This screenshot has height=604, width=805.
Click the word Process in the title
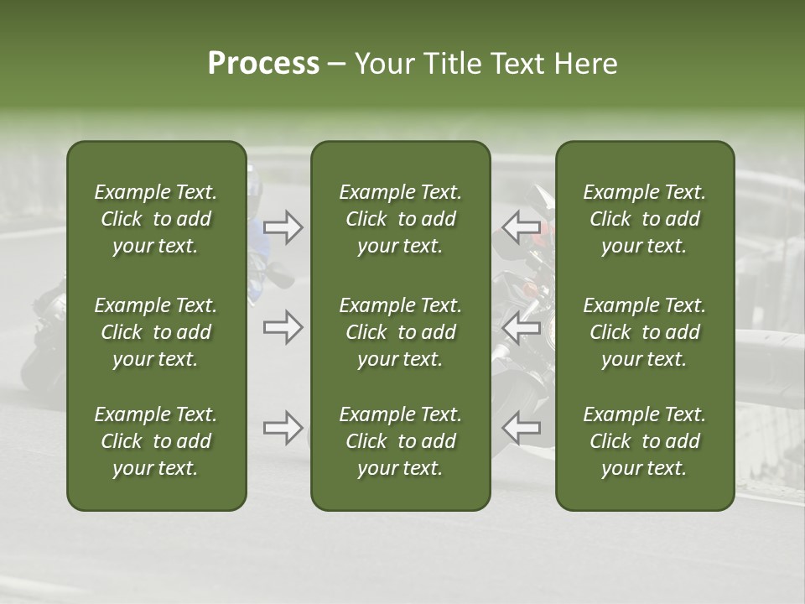pyautogui.click(x=263, y=63)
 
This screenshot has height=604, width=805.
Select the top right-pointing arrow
pyautogui.click(x=283, y=226)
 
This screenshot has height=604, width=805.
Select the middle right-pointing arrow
pyautogui.click(x=283, y=327)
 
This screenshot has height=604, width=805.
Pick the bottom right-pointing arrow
pyautogui.click(x=283, y=429)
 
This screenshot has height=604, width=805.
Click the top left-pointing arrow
pyautogui.click(x=521, y=226)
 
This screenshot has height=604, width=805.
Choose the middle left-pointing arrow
pyautogui.click(x=521, y=327)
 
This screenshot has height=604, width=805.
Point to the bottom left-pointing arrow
pyautogui.click(x=521, y=429)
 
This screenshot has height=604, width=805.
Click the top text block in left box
pyautogui.click(x=156, y=219)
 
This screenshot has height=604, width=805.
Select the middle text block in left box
pyautogui.click(x=156, y=332)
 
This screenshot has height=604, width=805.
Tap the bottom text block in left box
pyautogui.click(x=156, y=441)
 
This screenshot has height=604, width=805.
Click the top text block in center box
pyautogui.click(x=400, y=219)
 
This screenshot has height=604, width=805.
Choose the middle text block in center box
pyautogui.click(x=400, y=332)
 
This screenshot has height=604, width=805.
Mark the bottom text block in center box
pyautogui.click(x=400, y=441)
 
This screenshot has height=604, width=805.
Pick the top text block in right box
pyautogui.click(x=644, y=219)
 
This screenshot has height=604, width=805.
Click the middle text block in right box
pyautogui.click(x=644, y=332)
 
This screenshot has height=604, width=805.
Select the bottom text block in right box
pyautogui.click(x=644, y=441)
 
